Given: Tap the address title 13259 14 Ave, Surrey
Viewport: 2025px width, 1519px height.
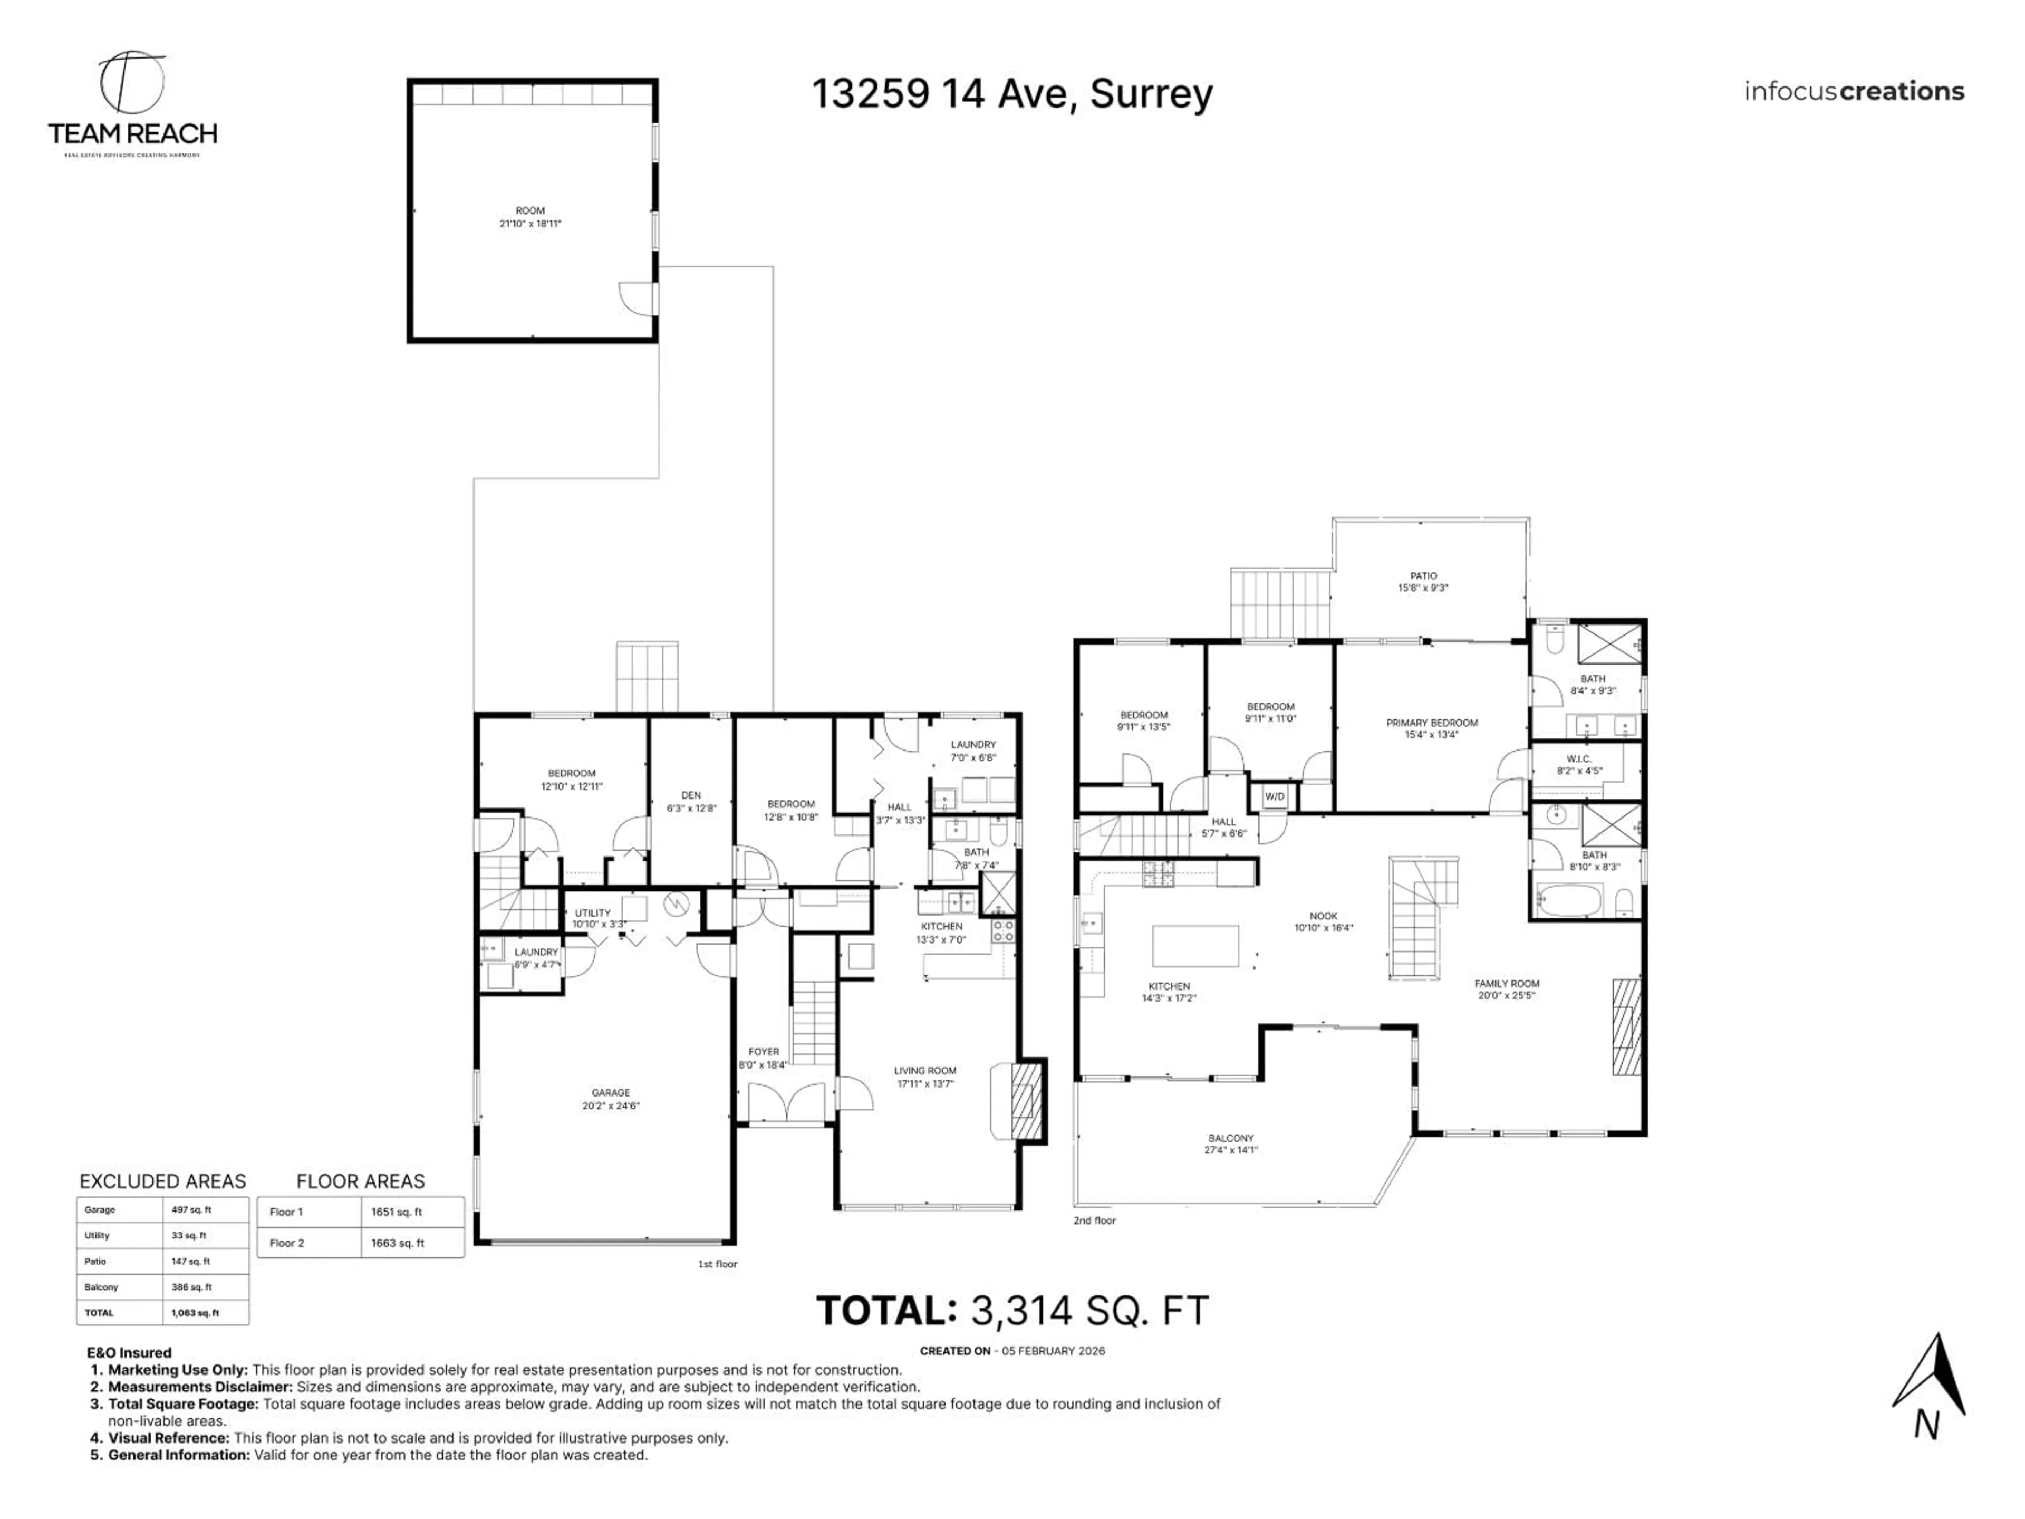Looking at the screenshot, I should (x=1011, y=93).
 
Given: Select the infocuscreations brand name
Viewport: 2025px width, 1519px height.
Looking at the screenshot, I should (x=1854, y=92).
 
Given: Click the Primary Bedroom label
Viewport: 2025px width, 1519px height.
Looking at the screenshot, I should (x=1432, y=728).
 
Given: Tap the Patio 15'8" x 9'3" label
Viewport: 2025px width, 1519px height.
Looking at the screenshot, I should (x=1423, y=581).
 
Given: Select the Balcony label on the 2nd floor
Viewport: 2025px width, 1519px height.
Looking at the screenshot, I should (x=1230, y=1143).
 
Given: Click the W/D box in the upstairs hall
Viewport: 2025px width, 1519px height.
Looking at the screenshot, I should (x=1274, y=796).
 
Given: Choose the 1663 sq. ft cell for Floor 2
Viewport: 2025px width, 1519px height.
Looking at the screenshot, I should (x=397, y=1243).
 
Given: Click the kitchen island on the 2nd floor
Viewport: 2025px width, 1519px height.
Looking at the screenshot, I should (x=1194, y=946).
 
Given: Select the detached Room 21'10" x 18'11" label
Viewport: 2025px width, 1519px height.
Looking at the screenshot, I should (x=530, y=217).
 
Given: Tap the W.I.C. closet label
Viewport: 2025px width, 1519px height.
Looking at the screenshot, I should (x=1579, y=765).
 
